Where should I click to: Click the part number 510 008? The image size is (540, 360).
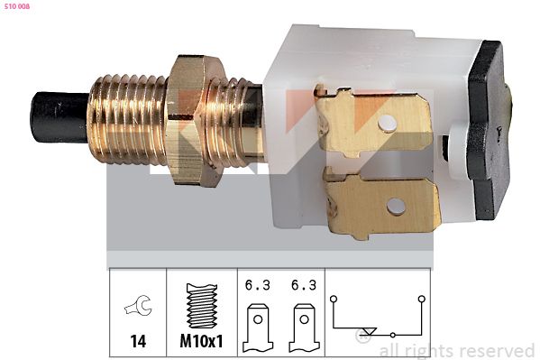(x=17, y=6)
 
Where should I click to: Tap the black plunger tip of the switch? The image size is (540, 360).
(x=59, y=117)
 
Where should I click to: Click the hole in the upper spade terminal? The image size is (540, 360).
(x=388, y=123)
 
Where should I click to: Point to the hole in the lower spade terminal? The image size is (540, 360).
(x=396, y=207)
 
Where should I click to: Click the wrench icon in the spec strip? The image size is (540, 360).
(x=139, y=306)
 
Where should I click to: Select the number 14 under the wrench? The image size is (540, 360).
(x=138, y=341)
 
